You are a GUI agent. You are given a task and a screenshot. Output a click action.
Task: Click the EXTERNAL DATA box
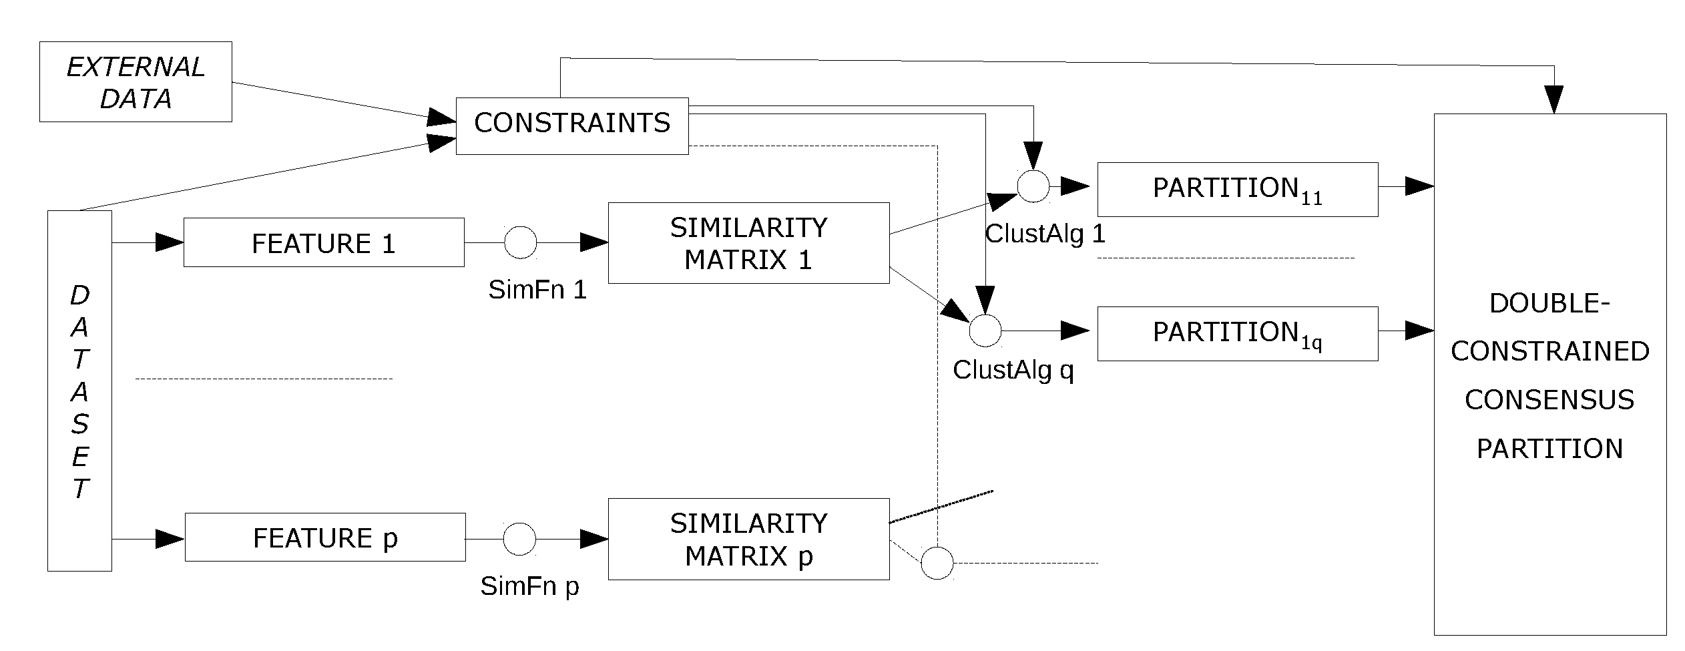point(136,81)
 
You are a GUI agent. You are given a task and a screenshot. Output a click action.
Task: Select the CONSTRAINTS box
point(571,126)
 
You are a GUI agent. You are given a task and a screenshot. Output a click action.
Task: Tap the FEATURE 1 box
point(324,242)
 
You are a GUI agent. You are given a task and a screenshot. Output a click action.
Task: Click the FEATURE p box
point(324,537)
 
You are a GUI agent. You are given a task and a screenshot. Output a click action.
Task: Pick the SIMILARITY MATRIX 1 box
point(748,243)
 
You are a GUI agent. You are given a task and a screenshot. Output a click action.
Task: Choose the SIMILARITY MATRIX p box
point(748,539)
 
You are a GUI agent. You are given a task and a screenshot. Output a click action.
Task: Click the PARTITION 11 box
point(1237,189)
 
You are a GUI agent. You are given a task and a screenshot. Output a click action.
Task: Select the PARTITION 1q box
point(1237,333)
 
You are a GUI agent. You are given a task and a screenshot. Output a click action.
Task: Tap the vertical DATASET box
point(79,391)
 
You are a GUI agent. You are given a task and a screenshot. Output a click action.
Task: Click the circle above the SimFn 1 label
point(520,242)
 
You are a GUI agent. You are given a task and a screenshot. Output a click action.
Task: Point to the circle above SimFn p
point(519,539)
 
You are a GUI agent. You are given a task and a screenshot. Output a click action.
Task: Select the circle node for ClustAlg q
point(985,331)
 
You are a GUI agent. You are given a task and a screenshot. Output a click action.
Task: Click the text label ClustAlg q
point(1013,369)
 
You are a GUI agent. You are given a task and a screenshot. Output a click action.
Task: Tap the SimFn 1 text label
point(537,290)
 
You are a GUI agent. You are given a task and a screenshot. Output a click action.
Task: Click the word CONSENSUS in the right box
point(1549,399)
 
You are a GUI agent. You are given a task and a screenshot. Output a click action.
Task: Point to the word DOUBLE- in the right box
point(1549,304)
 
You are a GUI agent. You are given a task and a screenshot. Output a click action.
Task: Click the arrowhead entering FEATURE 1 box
point(170,242)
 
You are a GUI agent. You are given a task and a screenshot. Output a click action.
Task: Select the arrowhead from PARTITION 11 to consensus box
point(1419,186)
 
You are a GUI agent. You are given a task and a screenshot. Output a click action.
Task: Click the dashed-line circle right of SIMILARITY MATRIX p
point(937,563)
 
